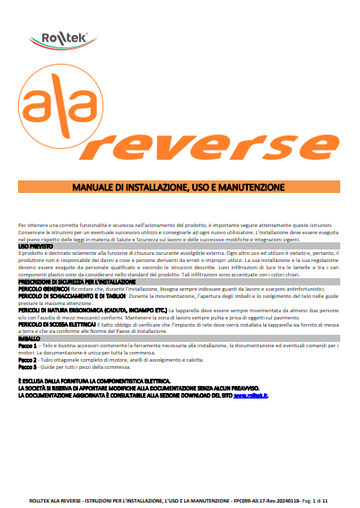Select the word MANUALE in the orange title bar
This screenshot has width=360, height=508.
(96, 187)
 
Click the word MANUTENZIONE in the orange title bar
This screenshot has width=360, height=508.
(246, 187)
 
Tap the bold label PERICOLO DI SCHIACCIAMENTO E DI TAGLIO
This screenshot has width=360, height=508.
(62, 297)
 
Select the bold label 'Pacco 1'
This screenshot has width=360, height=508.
(27, 346)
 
